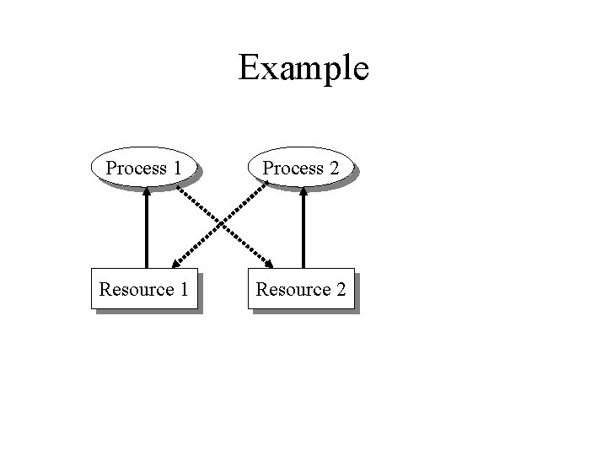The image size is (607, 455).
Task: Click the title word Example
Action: (303, 67)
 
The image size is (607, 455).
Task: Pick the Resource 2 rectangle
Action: (301, 289)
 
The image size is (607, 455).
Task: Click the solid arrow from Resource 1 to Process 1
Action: (147, 232)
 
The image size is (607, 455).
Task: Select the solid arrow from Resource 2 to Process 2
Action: (303, 232)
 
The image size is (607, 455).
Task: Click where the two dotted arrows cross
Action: (223, 223)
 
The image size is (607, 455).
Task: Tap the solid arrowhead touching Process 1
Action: (147, 190)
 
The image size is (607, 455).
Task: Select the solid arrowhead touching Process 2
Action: (303, 190)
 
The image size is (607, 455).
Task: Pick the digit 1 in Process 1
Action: (176, 168)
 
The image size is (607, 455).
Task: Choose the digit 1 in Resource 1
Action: (182, 290)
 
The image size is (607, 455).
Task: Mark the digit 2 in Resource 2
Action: (340, 290)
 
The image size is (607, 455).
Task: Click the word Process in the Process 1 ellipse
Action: (136, 169)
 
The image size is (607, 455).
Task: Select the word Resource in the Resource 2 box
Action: (293, 290)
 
